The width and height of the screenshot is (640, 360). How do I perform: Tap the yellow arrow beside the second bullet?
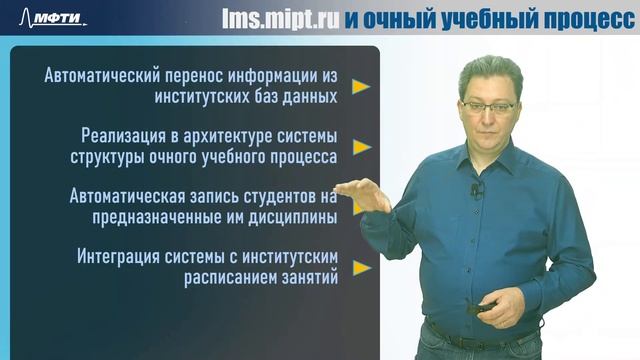click(x=361, y=147)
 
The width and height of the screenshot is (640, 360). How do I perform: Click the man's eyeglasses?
click(x=489, y=104)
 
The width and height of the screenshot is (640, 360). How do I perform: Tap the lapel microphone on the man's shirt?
click(x=477, y=189)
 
